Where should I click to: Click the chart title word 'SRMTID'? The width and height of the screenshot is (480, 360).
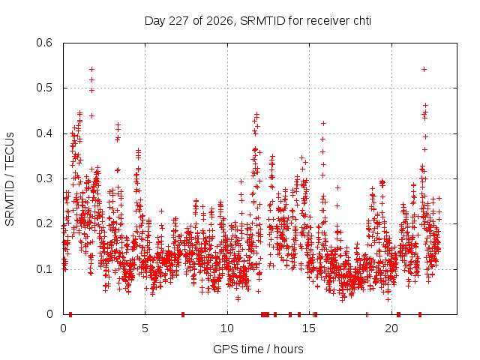[x=262, y=21]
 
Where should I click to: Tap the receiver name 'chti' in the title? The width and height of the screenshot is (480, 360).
[x=362, y=21]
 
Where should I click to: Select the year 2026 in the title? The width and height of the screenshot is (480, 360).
[x=220, y=21]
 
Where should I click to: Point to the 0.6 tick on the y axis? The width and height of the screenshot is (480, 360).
[x=44, y=43]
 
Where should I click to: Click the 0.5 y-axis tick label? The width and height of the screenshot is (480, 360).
[x=44, y=88]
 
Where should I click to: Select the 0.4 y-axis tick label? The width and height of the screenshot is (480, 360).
[x=44, y=133]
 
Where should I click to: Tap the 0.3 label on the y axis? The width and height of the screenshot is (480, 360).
[x=44, y=178]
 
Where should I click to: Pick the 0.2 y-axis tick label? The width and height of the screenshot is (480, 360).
[x=44, y=223]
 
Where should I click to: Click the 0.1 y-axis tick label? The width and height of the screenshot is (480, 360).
[x=44, y=269]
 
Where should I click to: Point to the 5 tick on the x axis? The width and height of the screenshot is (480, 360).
[x=145, y=328]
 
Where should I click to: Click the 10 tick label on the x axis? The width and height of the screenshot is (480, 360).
[x=227, y=328]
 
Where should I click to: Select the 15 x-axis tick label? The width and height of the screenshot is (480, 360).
[x=309, y=328]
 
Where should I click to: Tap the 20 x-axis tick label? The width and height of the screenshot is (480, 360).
[x=391, y=328]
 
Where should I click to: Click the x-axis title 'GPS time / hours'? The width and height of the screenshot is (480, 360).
[x=258, y=349]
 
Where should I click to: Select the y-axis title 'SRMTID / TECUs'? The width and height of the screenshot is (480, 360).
[x=10, y=179]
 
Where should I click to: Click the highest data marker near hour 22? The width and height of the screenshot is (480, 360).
[x=424, y=70]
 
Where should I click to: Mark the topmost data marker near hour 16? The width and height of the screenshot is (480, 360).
[x=323, y=123]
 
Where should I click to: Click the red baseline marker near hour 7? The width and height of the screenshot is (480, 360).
[x=183, y=314]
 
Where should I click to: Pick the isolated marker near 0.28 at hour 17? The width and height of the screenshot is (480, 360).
[x=337, y=187]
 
